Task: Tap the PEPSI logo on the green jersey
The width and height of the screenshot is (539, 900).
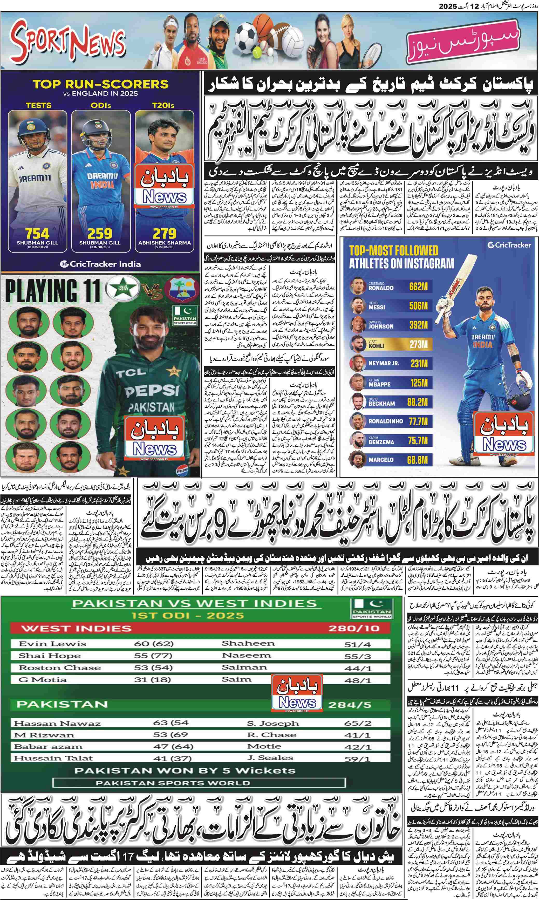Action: (x=152, y=391)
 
